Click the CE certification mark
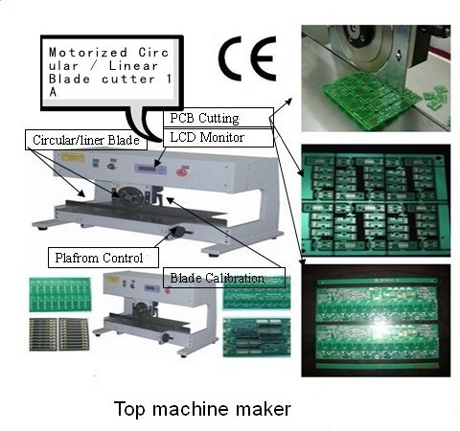click(246, 59)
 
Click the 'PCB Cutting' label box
click(203, 118)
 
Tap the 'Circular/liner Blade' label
click(84, 141)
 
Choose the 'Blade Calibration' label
click(226, 278)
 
